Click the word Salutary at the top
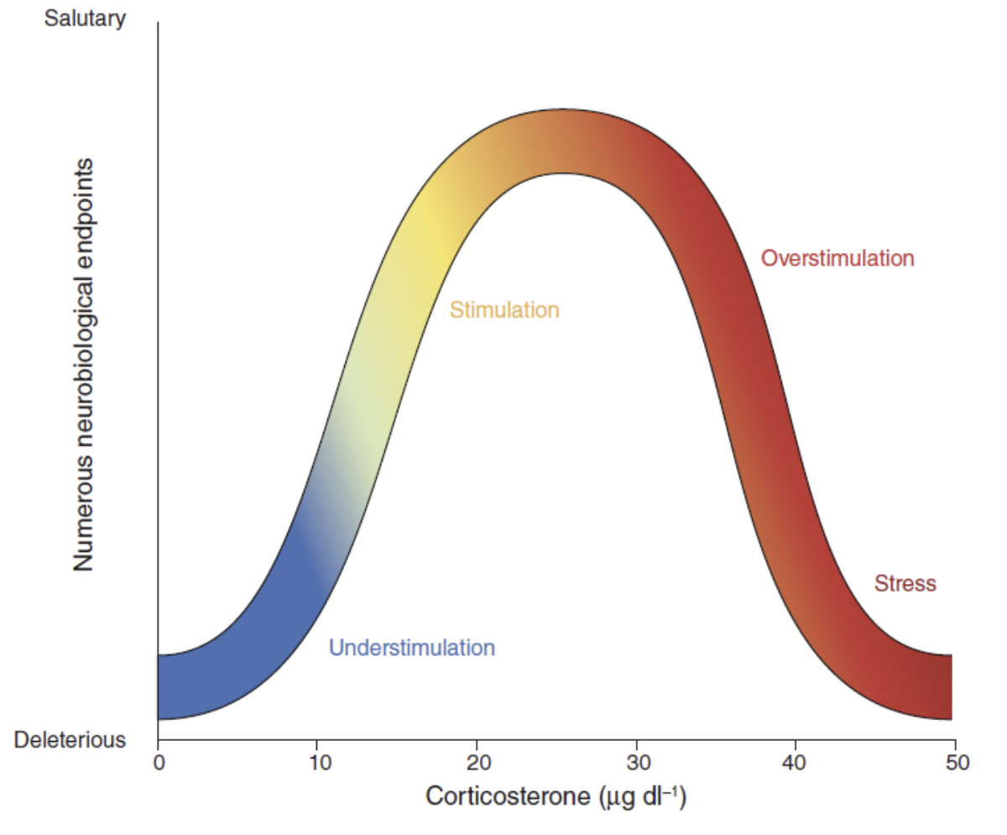coord(84,18)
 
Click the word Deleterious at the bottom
coord(70,740)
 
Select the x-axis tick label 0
coord(158,763)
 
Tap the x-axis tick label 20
coord(477,763)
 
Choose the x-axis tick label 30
coord(636,763)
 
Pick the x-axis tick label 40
coord(795,763)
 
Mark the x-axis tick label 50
coord(955,763)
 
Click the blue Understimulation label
coord(411,649)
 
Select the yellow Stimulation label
coord(503,310)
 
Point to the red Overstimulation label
coord(837,258)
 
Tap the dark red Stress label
coord(905,583)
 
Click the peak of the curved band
coord(562,141)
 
